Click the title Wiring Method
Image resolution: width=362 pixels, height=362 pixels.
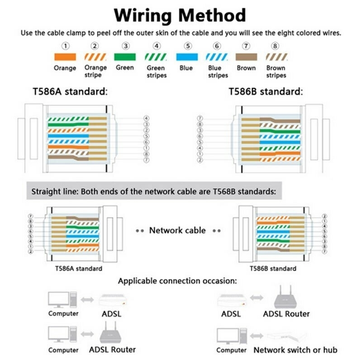pyautogui.click(x=180, y=14)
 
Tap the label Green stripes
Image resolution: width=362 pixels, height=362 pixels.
pyautogui.click(x=156, y=71)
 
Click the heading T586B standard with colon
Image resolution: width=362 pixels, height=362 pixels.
pyautogui.click(x=265, y=91)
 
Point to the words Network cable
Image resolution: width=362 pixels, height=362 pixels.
pyautogui.click(x=177, y=230)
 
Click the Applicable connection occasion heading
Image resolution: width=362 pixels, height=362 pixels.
pyautogui.click(x=177, y=281)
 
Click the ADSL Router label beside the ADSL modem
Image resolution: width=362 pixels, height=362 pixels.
pyautogui.click(x=286, y=314)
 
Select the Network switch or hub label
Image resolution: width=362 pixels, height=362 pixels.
pyautogui.click(x=295, y=350)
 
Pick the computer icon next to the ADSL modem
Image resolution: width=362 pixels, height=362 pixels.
pyautogui.click(x=62, y=299)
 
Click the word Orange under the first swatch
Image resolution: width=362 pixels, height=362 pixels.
pyautogui.click(x=65, y=68)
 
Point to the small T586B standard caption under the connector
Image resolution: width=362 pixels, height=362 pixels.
pyautogui.click(x=273, y=268)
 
